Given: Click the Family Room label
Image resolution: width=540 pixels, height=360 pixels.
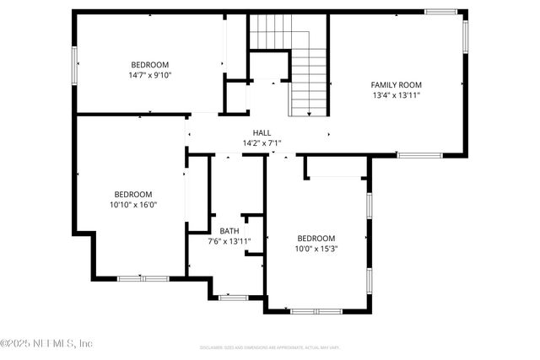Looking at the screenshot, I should pyautogui.click(x=396, y=84).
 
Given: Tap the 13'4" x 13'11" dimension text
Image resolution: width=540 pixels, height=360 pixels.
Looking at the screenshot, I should pyautogui.click(x=396, y=95).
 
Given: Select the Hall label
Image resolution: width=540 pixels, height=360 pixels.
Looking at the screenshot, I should pyautogui.click(x=262, y=133).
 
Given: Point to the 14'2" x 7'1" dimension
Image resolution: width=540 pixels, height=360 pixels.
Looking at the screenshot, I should pyautogui.click(x=262, y=143).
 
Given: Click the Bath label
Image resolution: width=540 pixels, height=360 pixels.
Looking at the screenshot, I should pyautogui.click(x=229, y=231).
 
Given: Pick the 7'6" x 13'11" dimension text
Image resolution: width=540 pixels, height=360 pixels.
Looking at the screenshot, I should pyautogui.click(x=229, y=242).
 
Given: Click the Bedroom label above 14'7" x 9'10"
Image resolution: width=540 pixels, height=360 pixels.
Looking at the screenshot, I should pyautogui.click(x=149, y=65).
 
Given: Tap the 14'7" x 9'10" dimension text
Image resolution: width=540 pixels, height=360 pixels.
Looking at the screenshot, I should pyautogui.click(x=149, y=75).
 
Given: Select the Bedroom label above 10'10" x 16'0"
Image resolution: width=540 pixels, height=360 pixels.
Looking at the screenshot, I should pyautogui.click(x=133, y=193).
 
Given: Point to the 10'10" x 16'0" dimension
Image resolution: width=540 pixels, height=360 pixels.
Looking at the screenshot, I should pyautogui.click(x=133, y=204).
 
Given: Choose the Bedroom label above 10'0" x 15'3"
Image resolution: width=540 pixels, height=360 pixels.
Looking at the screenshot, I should pyautogui.click(x=316, y=238).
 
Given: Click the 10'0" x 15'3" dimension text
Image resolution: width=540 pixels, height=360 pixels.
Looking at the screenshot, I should pyautogui.click(x=316, y=249).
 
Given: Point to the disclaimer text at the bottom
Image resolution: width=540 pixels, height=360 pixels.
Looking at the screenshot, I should pyautogui.click(x=270, y=347).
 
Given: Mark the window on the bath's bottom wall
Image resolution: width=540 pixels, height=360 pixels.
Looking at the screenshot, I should pyautogui.click(x=232, y=297).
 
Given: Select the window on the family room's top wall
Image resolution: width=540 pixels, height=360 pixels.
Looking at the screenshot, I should pyautogui.click(x=440, y=12).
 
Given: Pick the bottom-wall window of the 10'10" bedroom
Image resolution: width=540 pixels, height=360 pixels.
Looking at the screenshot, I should pyautogui.click(x=143, y=278).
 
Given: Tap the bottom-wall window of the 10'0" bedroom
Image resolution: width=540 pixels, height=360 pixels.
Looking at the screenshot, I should pyautogui.click(x=316, y=312).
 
